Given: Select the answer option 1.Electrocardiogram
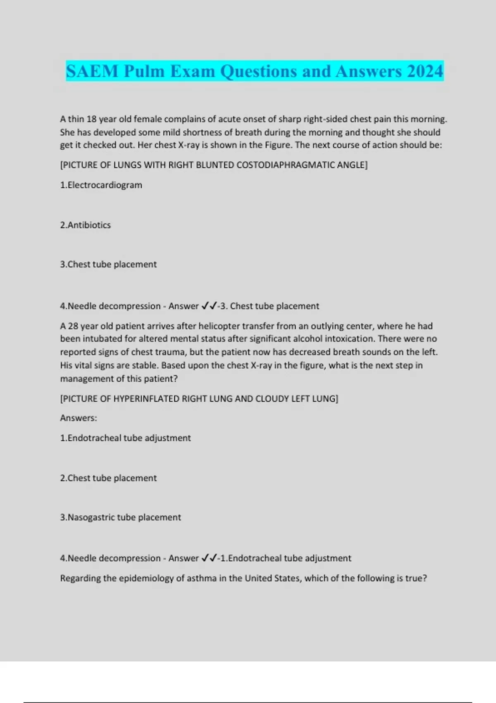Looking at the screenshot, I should click(x=101, y=185).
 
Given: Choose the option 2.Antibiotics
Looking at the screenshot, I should click(x=85, y=225).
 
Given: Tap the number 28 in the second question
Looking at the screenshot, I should click(x=73, y=326).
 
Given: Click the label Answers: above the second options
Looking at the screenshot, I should click(x=79, y=418).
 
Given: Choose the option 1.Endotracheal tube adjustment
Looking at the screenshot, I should click(x=125, y=438).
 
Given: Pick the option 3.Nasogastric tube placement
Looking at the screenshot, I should click(x=120, y=517).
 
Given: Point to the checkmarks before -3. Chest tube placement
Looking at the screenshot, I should click(x=209, y=306).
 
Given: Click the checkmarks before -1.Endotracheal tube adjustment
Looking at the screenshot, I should click(x=209, y=558).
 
